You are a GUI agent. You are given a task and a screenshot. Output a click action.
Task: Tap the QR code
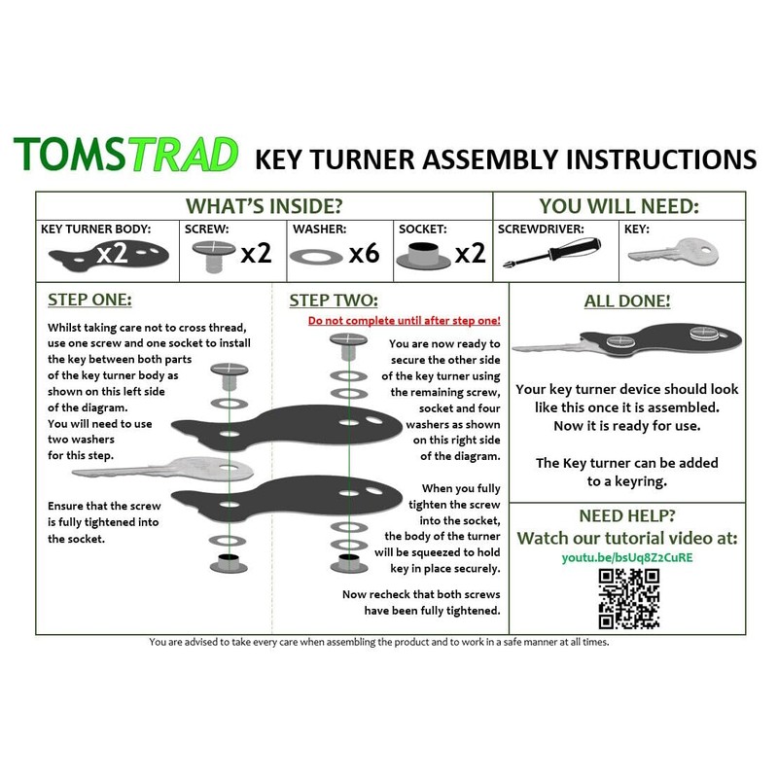[628, 599]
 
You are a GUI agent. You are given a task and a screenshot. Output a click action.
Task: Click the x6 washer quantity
[363, 255]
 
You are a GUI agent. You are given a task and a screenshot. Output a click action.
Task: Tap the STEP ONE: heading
[90, 300]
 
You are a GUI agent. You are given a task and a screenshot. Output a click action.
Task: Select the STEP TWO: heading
[334, 300]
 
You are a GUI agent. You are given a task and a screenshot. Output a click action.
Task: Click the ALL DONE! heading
[626, 301]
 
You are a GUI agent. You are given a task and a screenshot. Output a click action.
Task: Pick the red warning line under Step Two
[404, 320]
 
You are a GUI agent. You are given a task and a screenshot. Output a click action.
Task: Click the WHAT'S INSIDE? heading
[264, 206]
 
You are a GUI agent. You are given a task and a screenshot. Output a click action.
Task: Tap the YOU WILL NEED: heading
[619, 206]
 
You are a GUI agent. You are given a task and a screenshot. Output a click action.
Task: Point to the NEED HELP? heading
[626, 515]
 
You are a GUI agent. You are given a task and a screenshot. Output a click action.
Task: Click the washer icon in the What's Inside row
[316, 256]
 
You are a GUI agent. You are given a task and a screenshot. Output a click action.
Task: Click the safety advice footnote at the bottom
[379, 643]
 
